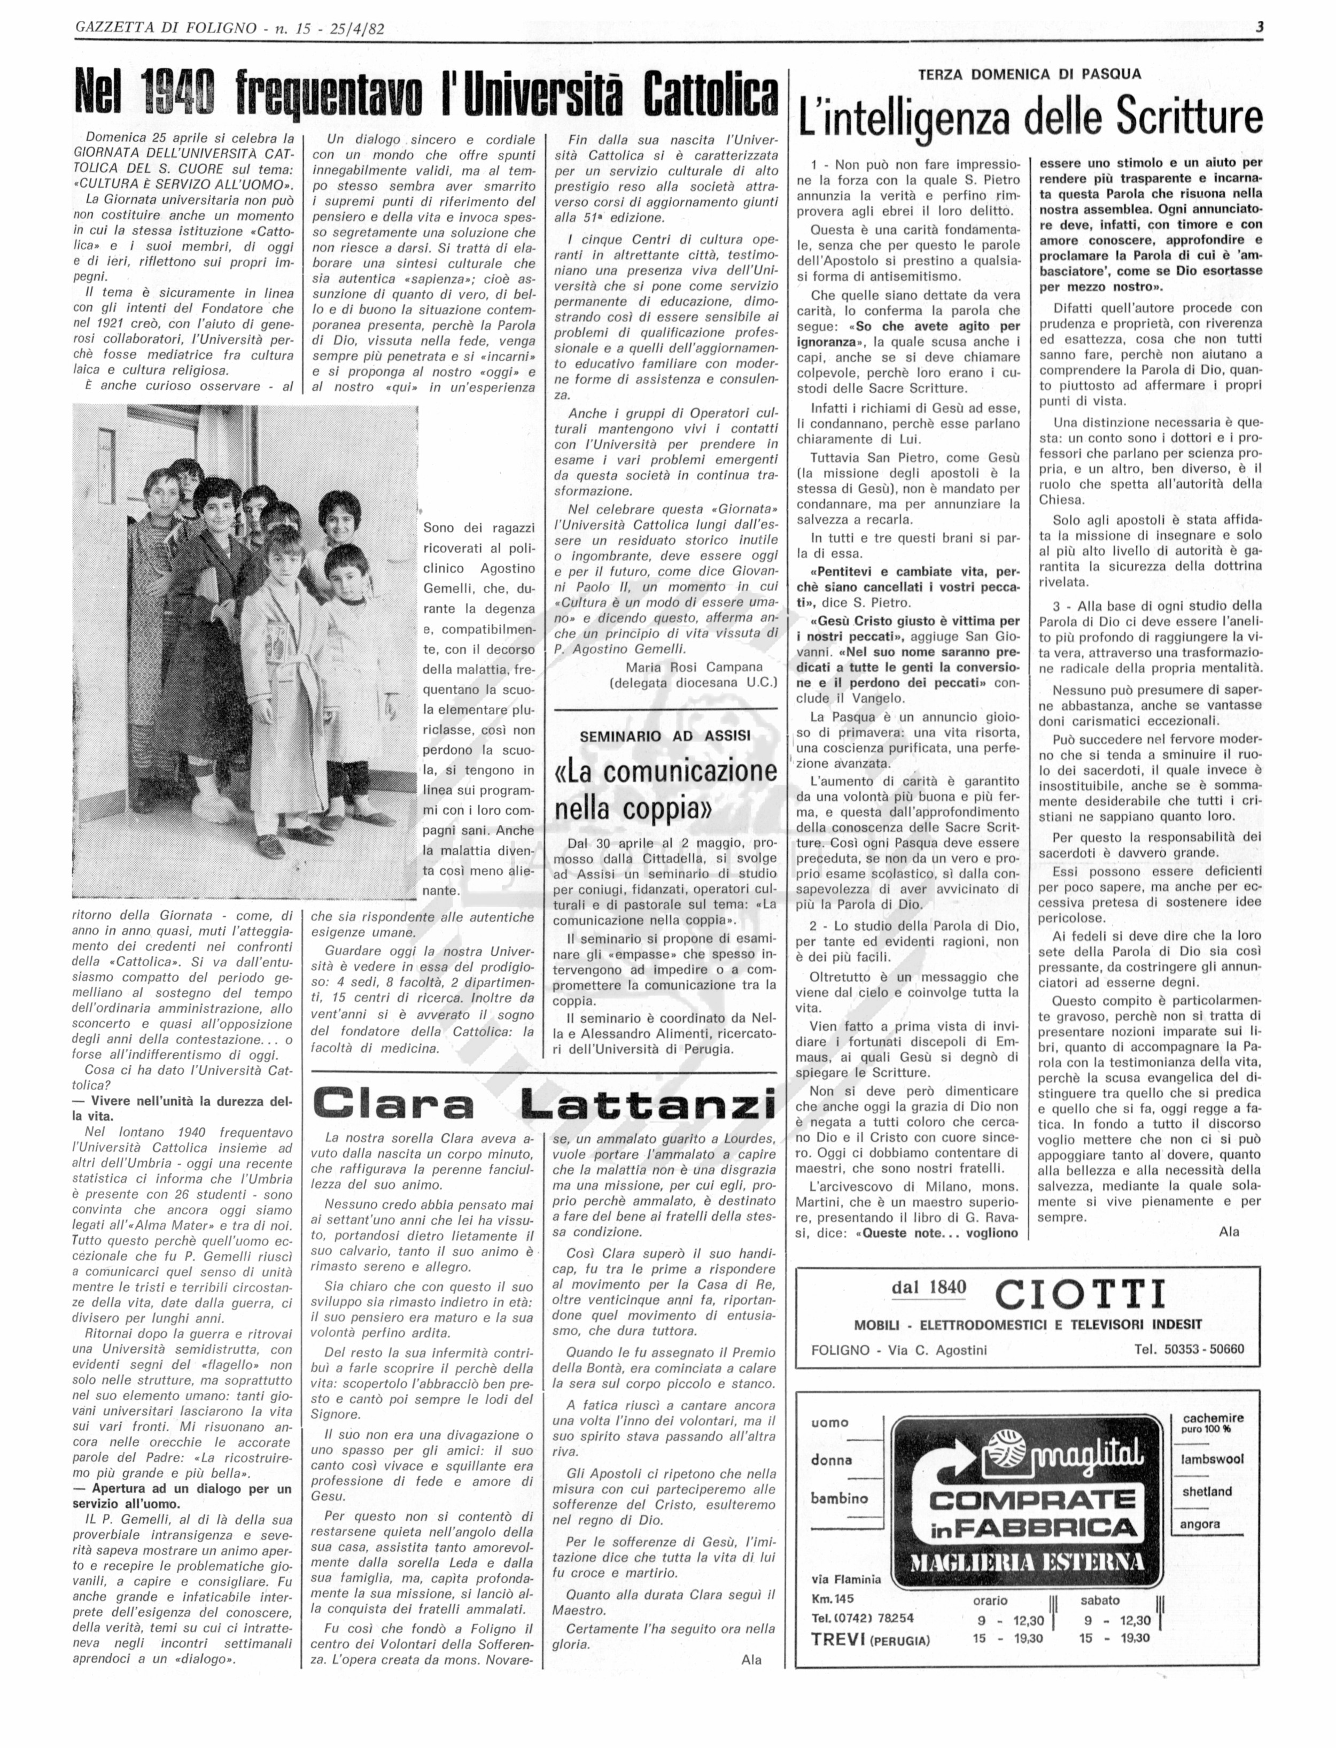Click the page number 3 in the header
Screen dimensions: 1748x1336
point(1260,28)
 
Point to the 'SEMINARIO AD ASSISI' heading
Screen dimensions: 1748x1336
point(665,736)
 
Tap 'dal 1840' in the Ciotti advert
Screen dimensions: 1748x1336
point(929,1288)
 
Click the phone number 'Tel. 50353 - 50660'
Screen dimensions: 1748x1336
point(1189,1349)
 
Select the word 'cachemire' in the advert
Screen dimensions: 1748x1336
point(1213,1418)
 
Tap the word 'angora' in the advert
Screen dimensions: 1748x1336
point(1201,1525)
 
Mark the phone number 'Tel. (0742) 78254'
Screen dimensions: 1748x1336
point(862,1618)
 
